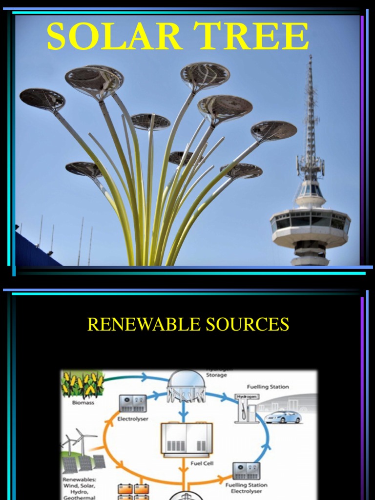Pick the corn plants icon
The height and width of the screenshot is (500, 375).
[82, 385]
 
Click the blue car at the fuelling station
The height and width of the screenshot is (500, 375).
[283, 417]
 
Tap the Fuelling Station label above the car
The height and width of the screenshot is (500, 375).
[268, 387]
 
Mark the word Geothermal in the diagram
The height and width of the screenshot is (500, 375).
[79, 498]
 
